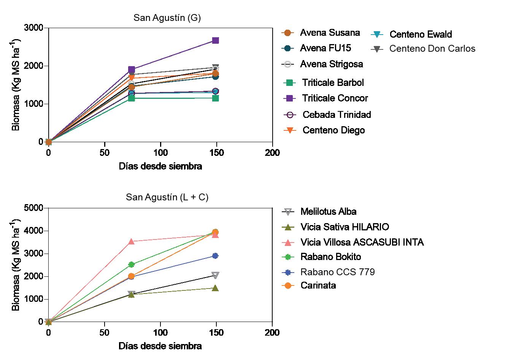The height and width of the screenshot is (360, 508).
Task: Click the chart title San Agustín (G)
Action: tap(167, 17)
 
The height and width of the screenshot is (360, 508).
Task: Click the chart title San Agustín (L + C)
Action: tap(167, 197)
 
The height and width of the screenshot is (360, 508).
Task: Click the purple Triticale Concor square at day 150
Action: tap(216, 40)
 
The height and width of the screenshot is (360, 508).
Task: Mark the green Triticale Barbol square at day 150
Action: tap(216, 98)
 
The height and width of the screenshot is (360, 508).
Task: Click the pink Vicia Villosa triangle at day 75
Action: tap(131, 241)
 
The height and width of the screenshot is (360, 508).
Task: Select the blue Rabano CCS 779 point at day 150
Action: tap(215, 256)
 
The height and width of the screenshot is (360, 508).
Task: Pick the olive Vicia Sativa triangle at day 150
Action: tap(215, 288)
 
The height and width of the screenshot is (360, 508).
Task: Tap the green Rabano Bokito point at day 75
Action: tap(131, 265)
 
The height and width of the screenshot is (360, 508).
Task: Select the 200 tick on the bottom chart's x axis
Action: tap(272, 333)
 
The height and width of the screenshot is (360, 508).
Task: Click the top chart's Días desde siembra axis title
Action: tap(160, 166)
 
